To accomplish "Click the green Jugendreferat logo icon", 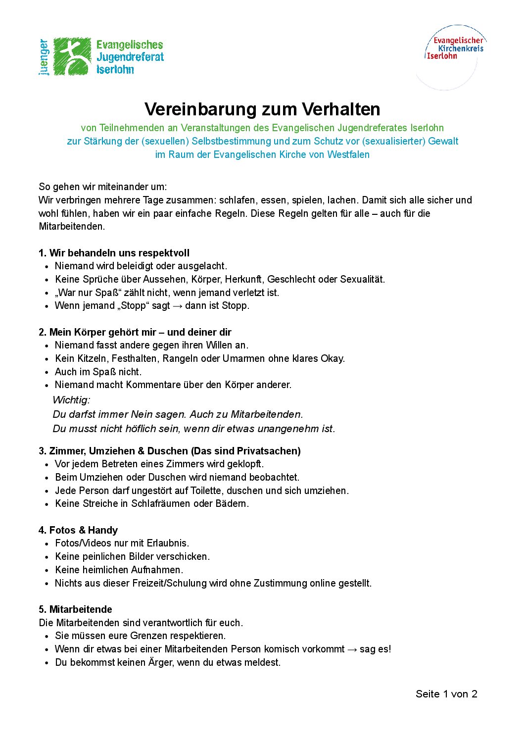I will tap(72, 56).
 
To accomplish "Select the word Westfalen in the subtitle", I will tap(348, 154).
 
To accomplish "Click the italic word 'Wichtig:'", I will tap(71, 400).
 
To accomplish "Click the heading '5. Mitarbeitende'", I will tap(75, 609).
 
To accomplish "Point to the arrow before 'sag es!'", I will tap(352, 649).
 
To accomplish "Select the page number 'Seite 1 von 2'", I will tap(446, 694).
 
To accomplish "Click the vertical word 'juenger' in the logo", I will tap(45, 57).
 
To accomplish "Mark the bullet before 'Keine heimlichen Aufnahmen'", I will tap(47, 570).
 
